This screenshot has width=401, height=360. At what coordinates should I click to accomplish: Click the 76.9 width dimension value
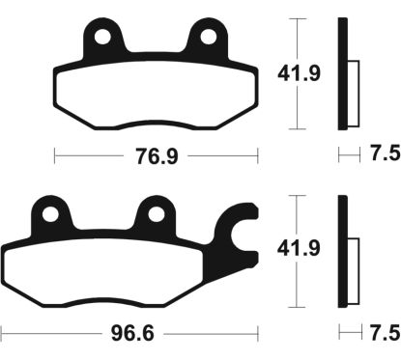pyautogui.click(x=157, y=154)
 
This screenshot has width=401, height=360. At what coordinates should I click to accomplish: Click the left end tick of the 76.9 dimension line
pyautogui.click(x=54, y=154)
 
